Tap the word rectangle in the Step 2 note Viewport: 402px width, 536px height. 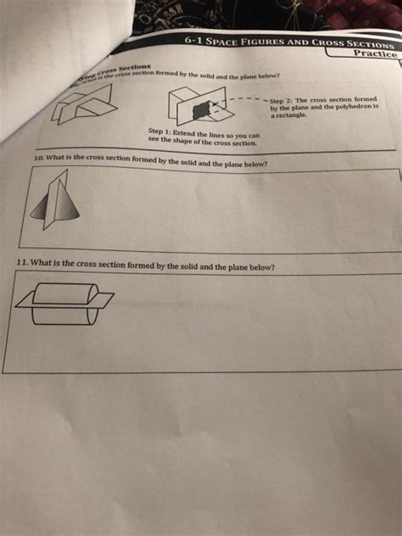pos(290,116)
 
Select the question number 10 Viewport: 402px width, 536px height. pos(36,158)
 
